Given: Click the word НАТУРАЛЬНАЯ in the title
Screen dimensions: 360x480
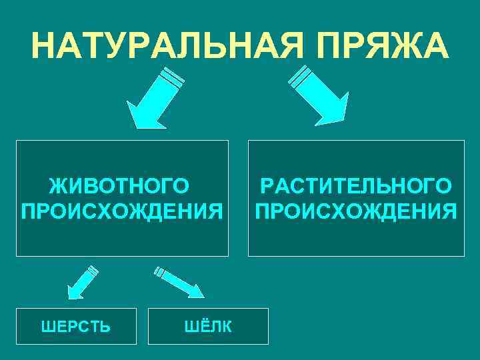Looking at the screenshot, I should (157, 45).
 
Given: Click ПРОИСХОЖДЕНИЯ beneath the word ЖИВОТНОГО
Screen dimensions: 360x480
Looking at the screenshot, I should (122, 211).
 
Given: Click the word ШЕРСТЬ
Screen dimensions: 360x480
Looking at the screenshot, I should (76, 327).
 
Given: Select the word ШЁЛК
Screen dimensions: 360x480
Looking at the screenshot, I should (208, 327).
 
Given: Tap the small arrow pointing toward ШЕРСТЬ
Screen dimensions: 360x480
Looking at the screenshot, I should (81, 281).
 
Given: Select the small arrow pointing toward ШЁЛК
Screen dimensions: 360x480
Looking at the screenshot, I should (178, 281).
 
